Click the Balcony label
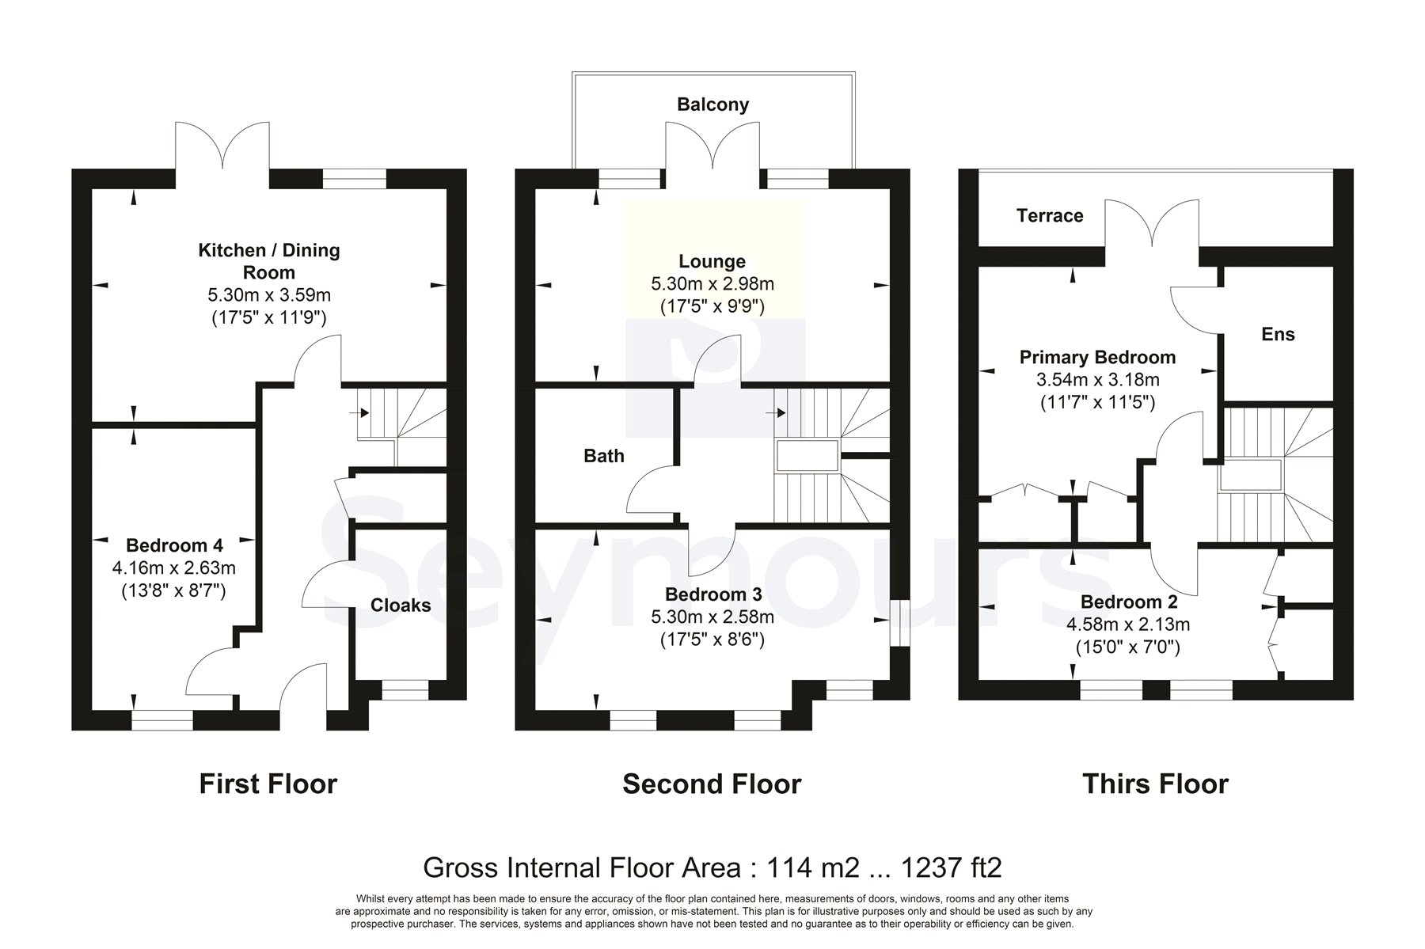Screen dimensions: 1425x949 712,104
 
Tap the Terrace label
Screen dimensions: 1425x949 1050,215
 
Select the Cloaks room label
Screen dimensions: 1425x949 401,605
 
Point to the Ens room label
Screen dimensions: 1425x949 1278,334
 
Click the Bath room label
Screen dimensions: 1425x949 604,456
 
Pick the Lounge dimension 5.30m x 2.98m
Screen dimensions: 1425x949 712,283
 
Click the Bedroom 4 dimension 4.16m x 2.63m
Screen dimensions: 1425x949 174,568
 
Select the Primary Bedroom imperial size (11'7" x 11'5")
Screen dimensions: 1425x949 1097,402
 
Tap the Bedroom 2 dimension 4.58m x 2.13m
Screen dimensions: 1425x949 1128,624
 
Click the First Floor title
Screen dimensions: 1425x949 268,784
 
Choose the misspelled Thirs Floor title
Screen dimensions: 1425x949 1155,784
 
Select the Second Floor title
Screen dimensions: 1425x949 712,784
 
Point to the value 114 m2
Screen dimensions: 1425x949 803,867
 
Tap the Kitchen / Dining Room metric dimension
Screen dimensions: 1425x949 269,295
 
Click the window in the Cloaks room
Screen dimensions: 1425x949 405,690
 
